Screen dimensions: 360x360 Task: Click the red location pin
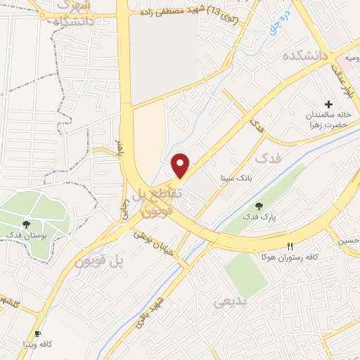(181, 166)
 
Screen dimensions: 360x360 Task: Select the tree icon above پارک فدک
(259, 205)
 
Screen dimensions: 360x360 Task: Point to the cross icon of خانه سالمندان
(329, 103)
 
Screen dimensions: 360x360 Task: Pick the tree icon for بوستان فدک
(26, 224)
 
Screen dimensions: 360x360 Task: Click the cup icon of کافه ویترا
(37, 334)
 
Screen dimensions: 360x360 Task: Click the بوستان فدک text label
(25, 234)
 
